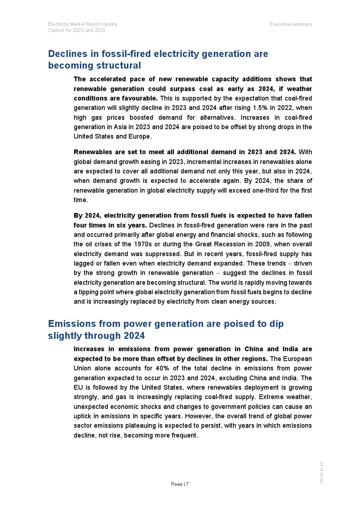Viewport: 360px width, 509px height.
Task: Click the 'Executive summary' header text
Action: (x=291, y=24)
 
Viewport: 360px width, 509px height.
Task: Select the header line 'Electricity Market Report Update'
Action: (x=83, y=24)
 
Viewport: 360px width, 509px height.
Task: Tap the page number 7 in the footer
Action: (x=187, y=484)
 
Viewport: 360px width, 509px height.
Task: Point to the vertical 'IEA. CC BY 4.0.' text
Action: (x=322, y=472)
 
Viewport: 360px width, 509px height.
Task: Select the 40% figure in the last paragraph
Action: (x=162, y=368)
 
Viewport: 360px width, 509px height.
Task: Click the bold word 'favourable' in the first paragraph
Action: (x=140, y=98)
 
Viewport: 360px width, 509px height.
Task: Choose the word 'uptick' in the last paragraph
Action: (x=83, y=416)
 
